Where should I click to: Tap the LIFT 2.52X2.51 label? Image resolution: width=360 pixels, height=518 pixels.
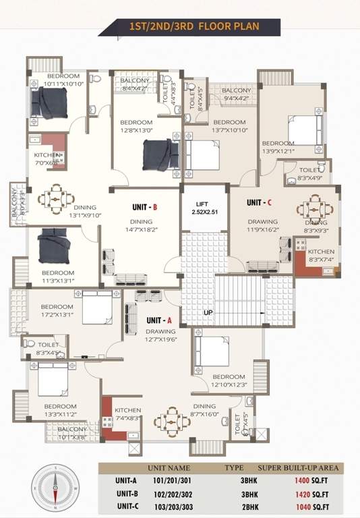(203, 208)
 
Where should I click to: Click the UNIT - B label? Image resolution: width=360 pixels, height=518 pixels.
(145, 208)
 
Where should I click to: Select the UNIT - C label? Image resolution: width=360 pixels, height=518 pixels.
(259, 202)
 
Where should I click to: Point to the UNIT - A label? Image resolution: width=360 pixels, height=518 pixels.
(160, 320)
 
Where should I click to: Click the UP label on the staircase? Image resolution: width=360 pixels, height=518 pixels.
(208, 313)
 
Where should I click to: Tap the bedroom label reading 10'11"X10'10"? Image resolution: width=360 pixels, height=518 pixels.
(63, 80)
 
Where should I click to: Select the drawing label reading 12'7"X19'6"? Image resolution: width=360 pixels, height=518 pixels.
(160, 335)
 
